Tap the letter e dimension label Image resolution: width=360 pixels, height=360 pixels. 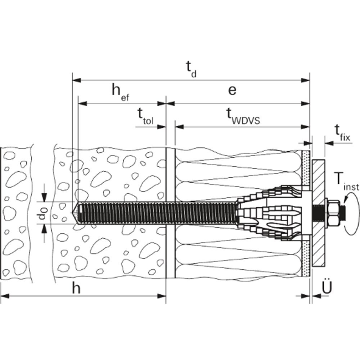coord(232,90)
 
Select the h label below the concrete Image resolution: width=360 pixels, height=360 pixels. coord(76,288)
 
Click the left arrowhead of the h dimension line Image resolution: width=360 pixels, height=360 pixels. coord(4,296)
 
